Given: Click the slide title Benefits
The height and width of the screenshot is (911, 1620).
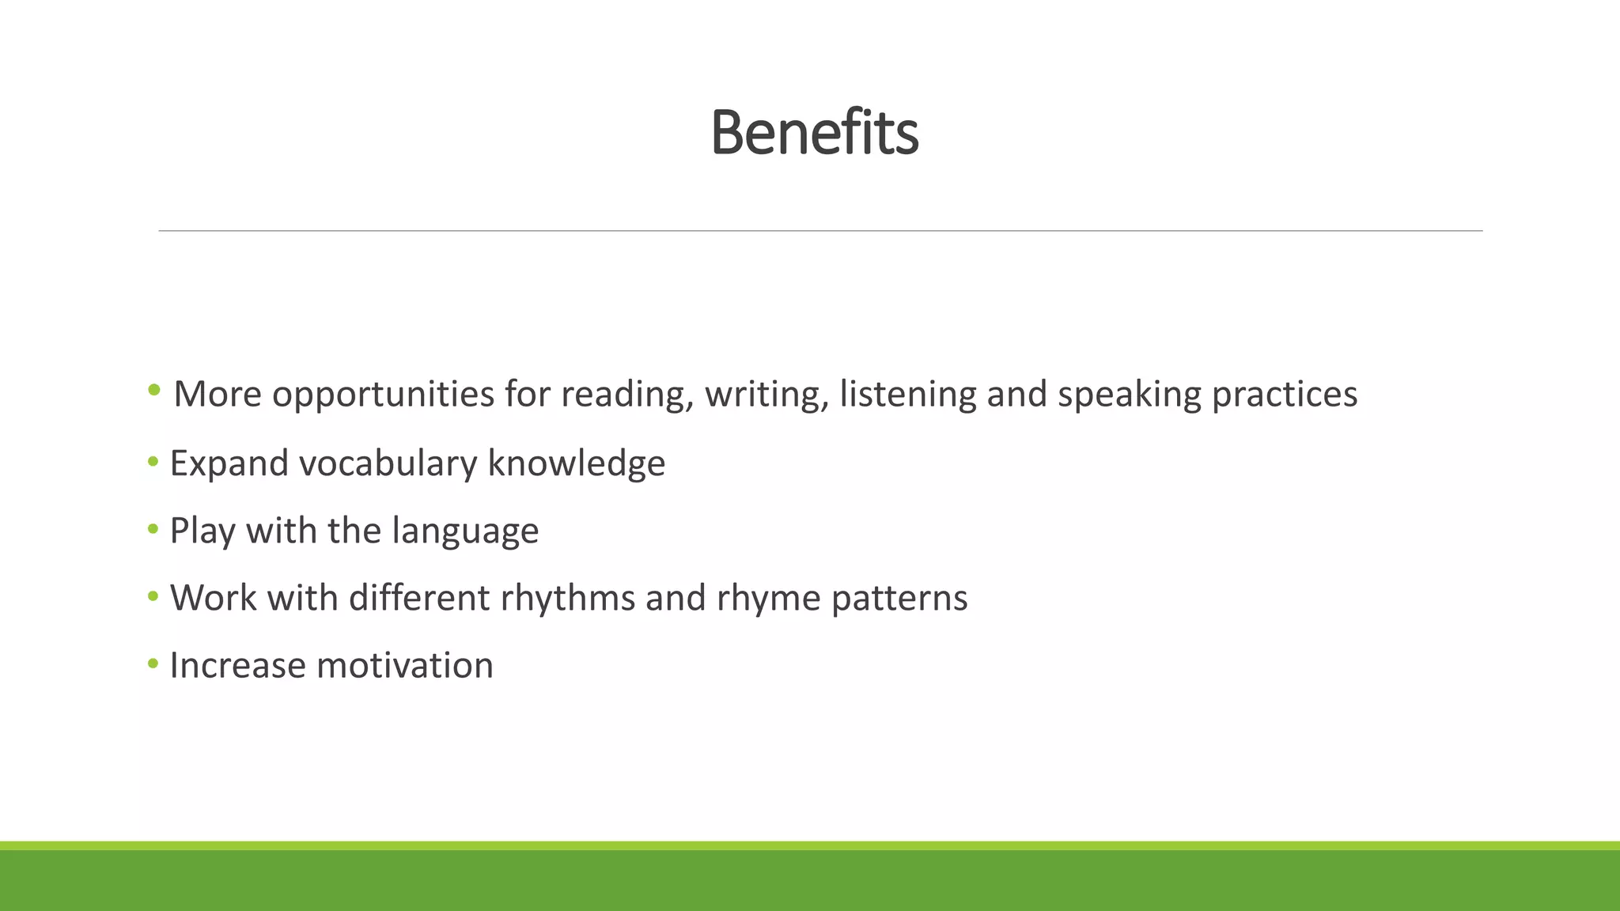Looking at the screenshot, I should tap(814, 133).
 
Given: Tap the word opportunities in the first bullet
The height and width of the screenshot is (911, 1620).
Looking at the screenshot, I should tap(384, 395).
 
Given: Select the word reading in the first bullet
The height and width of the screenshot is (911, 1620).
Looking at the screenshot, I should tap(627, 395).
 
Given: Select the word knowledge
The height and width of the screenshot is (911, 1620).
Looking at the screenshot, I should tap(577, 463).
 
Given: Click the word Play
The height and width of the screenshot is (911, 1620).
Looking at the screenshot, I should tap(202, 531).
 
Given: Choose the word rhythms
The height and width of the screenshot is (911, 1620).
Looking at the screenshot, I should tap(568, 598).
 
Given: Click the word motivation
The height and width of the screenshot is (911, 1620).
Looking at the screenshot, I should tap(405, 665).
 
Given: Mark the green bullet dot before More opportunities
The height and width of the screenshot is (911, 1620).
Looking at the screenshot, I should tap(154, 389).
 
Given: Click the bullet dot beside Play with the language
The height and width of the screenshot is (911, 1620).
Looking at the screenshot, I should tap(153, 528).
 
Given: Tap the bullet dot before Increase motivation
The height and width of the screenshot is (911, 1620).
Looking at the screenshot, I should tap(153, 663).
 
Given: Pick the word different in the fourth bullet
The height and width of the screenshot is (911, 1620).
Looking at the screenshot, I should tap(419, 598).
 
